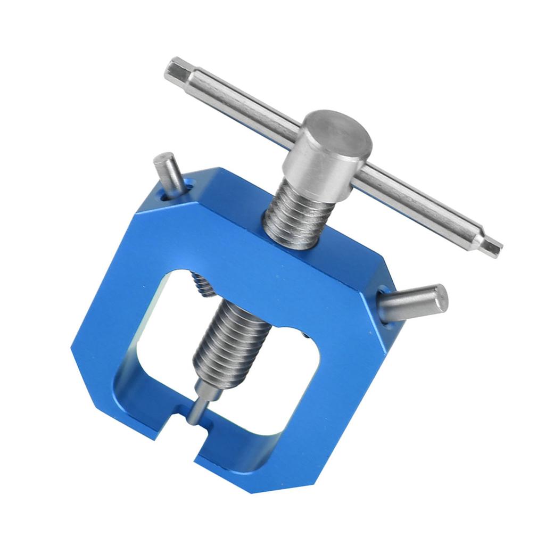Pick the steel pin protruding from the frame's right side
tap(412, 303)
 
